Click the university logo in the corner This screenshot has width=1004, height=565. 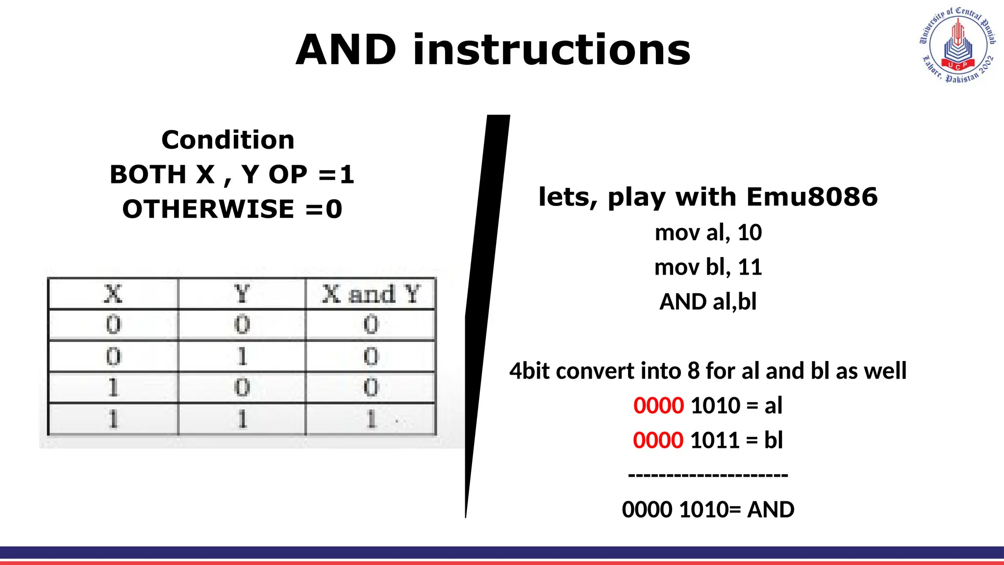(x=957, y=45)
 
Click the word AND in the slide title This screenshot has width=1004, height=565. (x=346, y=50)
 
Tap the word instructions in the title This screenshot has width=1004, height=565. (x=552, y=50)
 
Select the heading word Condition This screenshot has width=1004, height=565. (x=228, y=140)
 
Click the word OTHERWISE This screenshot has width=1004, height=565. (x=208, y=209)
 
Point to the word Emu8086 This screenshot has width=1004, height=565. (x=812, y=197)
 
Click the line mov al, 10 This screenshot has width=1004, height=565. (x=708, y=232)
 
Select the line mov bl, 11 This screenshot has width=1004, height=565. (x=708, y=267)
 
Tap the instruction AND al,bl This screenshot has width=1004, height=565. (x=708, y=302)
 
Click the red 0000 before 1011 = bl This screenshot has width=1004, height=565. (x=658, y=440)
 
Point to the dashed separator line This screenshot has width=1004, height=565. (x=708, y=475)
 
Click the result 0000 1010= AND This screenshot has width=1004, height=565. (x=708, y=510)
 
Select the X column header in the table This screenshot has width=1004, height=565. (x=113, y=294)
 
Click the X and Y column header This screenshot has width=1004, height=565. (x=371, y=294)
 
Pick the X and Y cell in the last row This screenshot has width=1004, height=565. (x=371, y=419)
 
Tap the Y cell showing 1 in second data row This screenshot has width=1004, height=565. (x=242, y=357)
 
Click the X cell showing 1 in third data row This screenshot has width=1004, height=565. (x=113, y=388)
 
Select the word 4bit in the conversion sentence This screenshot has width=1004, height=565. (x=529, y=371)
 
